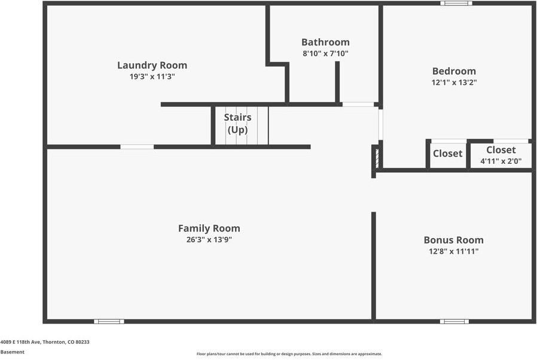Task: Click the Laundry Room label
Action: coord(152,65)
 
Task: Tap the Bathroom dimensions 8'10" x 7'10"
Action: coord(325,53)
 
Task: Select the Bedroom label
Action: coord(454,71)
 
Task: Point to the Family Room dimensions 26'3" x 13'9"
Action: coord(209,239)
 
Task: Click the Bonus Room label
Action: coord(454,240)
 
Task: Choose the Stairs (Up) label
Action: coord(237,123)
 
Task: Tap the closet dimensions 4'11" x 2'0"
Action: coord(501,161)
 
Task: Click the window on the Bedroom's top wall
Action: coord(456,4)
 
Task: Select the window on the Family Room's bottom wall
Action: coord(109,321)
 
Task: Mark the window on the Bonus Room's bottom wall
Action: coord(454,321)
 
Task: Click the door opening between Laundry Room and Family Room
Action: coord(137,147)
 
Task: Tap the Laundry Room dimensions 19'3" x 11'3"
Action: coord(152,77)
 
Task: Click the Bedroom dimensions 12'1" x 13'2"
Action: coord(454,82)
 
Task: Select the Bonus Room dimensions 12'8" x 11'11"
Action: coord(454,251)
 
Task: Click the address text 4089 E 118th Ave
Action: coord(20,342)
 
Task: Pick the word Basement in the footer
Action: coord(13,352)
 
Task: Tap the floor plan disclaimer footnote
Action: coord(289,354)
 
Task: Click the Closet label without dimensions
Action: coord(448,153)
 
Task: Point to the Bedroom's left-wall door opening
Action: coord(380,124)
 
